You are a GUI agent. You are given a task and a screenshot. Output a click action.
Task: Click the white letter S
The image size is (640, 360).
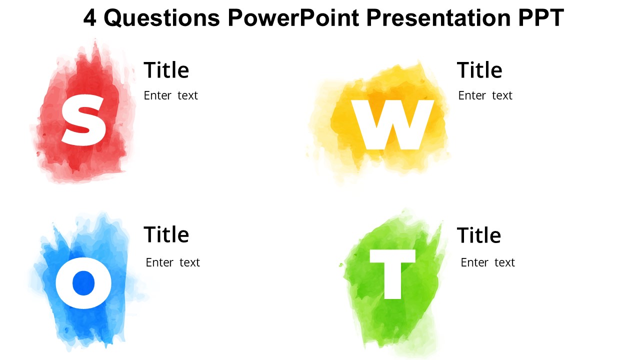click(83, 120)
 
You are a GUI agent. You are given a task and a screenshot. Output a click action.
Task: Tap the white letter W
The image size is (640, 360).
click(392, 125)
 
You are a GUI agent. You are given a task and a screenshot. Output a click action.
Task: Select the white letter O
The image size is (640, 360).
click(83, 283)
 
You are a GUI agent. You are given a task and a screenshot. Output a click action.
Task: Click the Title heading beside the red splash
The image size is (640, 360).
click(166, 70)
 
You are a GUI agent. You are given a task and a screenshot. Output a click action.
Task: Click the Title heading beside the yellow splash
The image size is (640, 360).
click(479, 70)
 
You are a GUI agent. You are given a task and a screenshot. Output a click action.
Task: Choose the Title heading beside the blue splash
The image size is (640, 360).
click(166, 234)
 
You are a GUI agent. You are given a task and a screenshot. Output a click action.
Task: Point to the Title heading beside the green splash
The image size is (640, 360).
click(479, 235)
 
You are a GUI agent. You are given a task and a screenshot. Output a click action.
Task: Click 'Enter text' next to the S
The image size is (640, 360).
click(171, 95)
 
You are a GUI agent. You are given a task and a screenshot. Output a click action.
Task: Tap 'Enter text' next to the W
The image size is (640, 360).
click(485, 95)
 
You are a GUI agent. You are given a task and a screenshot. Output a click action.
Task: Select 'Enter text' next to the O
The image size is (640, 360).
click(173, 262)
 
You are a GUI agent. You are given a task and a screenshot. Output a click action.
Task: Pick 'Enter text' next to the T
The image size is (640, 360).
click(487, 262)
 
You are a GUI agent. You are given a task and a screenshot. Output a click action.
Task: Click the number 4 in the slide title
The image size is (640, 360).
click(89, 18)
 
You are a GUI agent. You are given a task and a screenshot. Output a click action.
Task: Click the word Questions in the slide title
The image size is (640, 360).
click(161, 18)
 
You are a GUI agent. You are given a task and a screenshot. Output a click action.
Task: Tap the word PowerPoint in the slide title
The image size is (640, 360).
click(293, 18)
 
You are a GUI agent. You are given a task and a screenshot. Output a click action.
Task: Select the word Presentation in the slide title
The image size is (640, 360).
click(438, 18)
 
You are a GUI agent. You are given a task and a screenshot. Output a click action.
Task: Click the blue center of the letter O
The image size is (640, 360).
click(83, 283)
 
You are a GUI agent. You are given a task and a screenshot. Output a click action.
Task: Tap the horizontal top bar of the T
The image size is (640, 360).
click(392, 256)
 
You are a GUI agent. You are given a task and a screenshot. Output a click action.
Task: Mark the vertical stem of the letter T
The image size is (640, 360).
click(392, 281)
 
